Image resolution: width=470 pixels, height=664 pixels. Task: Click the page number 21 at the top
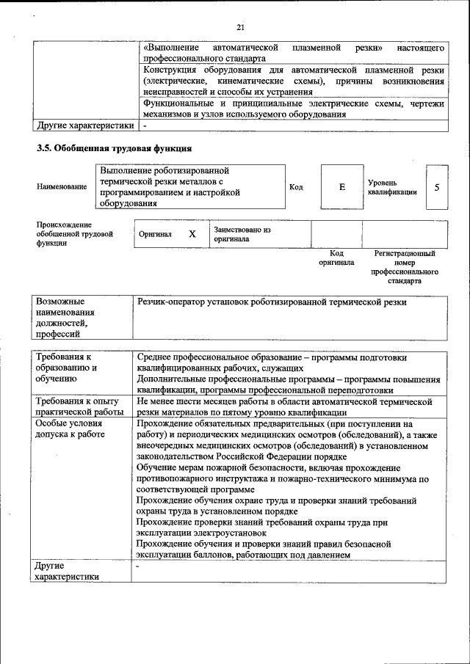pos(239,27)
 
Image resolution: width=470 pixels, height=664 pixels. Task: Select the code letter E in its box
pos(341,187)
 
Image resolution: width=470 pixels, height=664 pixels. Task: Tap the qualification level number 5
pos(437,187)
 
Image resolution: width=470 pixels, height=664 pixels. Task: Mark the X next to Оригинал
pos(192,235)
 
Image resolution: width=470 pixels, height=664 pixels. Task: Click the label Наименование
pos(61,187)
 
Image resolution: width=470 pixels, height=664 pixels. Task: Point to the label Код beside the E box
pos(297,187)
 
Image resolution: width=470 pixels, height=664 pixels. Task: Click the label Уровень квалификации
pos(392,187)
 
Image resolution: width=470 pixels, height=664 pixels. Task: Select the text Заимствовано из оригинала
pos(242,234)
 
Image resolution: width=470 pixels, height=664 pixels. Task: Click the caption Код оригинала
pos(336,258)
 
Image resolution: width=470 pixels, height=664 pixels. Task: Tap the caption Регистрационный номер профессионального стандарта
pos(404,267)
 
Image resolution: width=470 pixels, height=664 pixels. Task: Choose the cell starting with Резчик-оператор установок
pos(272,302)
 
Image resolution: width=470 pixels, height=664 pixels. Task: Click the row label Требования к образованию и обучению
pos(65,368)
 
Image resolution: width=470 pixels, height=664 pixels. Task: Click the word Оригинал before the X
pos(155,235)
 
